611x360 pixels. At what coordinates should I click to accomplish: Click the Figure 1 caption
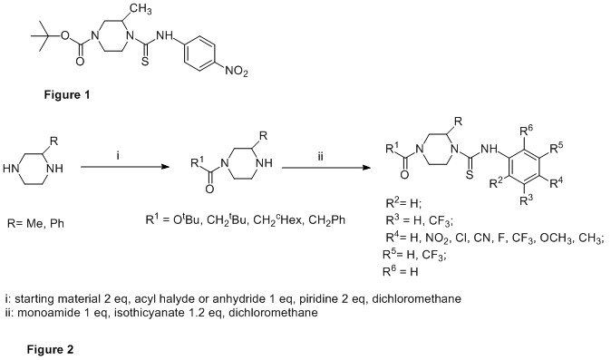pos(67,94)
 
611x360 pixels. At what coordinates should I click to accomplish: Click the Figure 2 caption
pos(50,349)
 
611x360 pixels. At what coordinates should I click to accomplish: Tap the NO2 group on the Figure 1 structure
pos(237,72)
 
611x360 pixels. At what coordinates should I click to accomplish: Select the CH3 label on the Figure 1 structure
pos(141,10)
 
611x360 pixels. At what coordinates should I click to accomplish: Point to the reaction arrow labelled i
pos(125,167)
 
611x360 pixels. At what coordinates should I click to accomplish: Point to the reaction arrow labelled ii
pos(326,168)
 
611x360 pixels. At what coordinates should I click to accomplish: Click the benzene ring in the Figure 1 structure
pos(199,54)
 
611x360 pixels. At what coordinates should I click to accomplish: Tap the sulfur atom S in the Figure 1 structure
pos(144,62)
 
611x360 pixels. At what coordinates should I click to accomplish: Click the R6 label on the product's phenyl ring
pos(527,131)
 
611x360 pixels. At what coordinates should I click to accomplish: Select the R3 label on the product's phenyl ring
pos(526,200)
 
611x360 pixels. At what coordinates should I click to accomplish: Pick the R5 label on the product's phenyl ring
pos(557,148)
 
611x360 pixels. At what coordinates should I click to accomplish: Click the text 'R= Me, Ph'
pos(35,224)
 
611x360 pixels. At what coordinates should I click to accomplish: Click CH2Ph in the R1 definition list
pos(326,220)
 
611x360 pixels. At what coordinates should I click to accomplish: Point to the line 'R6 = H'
pos(400,270)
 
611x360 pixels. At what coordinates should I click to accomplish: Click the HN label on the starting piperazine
pos(11,169)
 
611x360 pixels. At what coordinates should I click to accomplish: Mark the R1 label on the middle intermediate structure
pos(198,162)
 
